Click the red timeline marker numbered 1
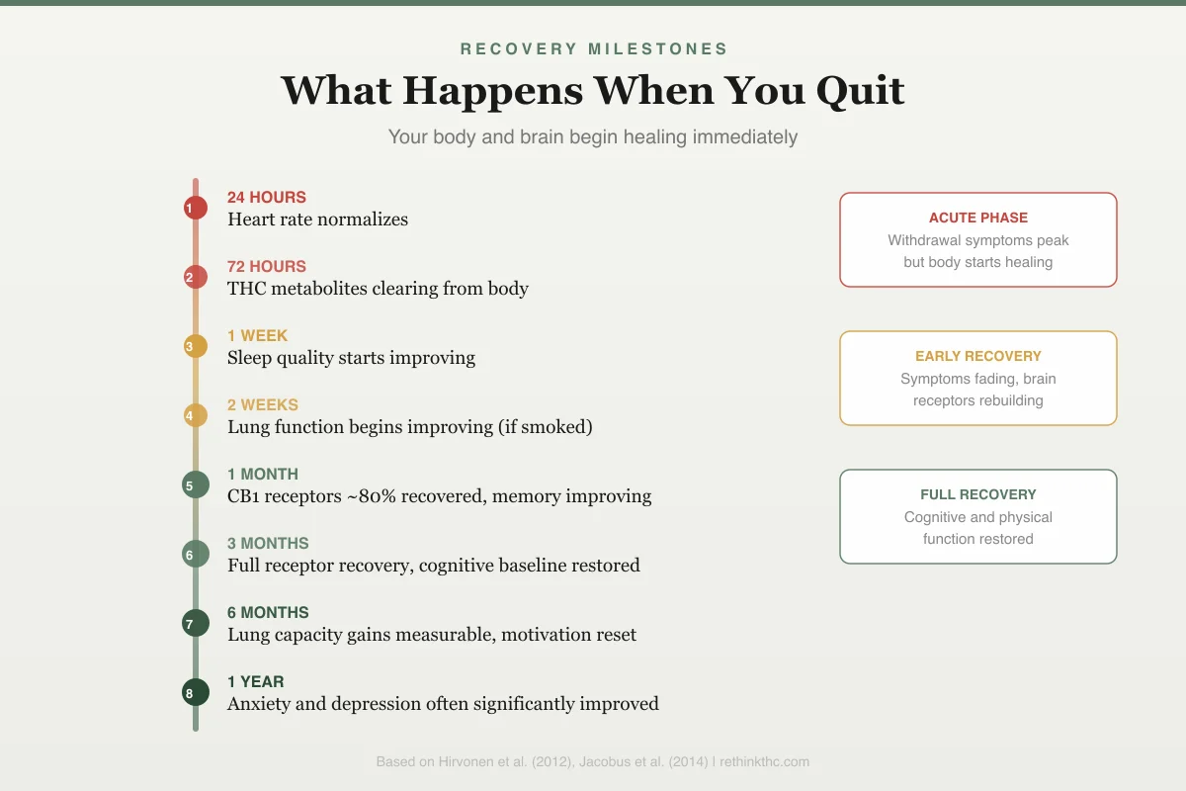196,208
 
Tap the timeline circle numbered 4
196,415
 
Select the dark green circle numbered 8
196,692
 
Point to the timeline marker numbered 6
196,554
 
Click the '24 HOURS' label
267,197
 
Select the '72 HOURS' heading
267,267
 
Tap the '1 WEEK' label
257,335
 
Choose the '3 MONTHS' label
268,543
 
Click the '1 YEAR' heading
256,681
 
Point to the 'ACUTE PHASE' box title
978,218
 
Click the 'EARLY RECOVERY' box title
978,356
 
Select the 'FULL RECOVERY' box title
978,494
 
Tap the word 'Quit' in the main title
861,91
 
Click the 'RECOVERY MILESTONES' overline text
594,48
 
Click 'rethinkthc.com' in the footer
764,762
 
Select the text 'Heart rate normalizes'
317,220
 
